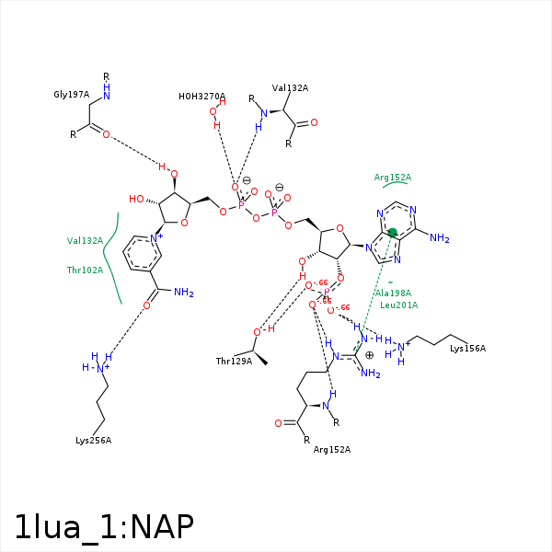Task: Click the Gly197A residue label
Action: (x=71, y=94)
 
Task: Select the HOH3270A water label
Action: (x=201, y=96)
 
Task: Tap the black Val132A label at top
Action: (x=290, y=88)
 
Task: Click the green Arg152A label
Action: (x=393, y=177)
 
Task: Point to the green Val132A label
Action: (x=85, y=240)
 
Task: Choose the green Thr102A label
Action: (x=85, y=270)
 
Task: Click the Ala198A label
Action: (x=393, y=293)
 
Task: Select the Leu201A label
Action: (x=398, y=305)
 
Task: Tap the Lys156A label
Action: (x=467, y=348)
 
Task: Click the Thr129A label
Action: (x=234, y=361)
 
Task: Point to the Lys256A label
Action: (x=93, y=441)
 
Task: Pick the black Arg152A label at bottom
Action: (x=332, y=449)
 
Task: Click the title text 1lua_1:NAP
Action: (x=104, y=527)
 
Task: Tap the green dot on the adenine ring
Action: (x=392, y=233)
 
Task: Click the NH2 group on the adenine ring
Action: (x=439, y=239)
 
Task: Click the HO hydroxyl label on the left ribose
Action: (x=137, y=199)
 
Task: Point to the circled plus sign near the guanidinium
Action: (x=369, y=354)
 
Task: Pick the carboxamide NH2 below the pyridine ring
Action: (x=183, y=293)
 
